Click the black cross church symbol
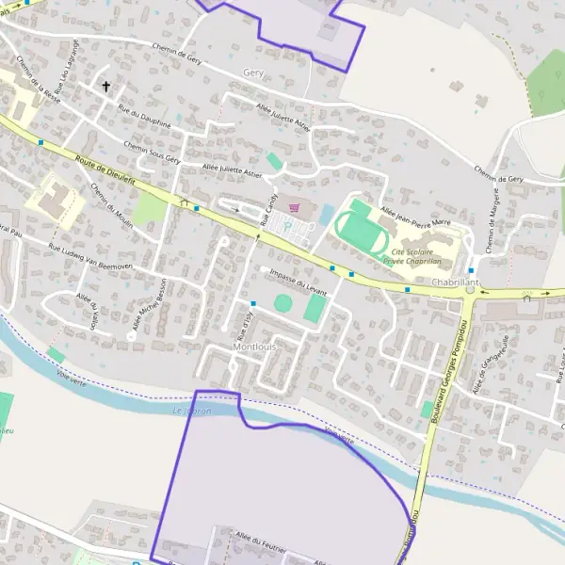[106, 87]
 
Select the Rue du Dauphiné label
[144, 116]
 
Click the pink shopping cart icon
[295, 208]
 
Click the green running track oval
[358, 230]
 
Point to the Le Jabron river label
[193, 411]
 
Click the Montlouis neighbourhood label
[252, 347]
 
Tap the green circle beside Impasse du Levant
[282, 302]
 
